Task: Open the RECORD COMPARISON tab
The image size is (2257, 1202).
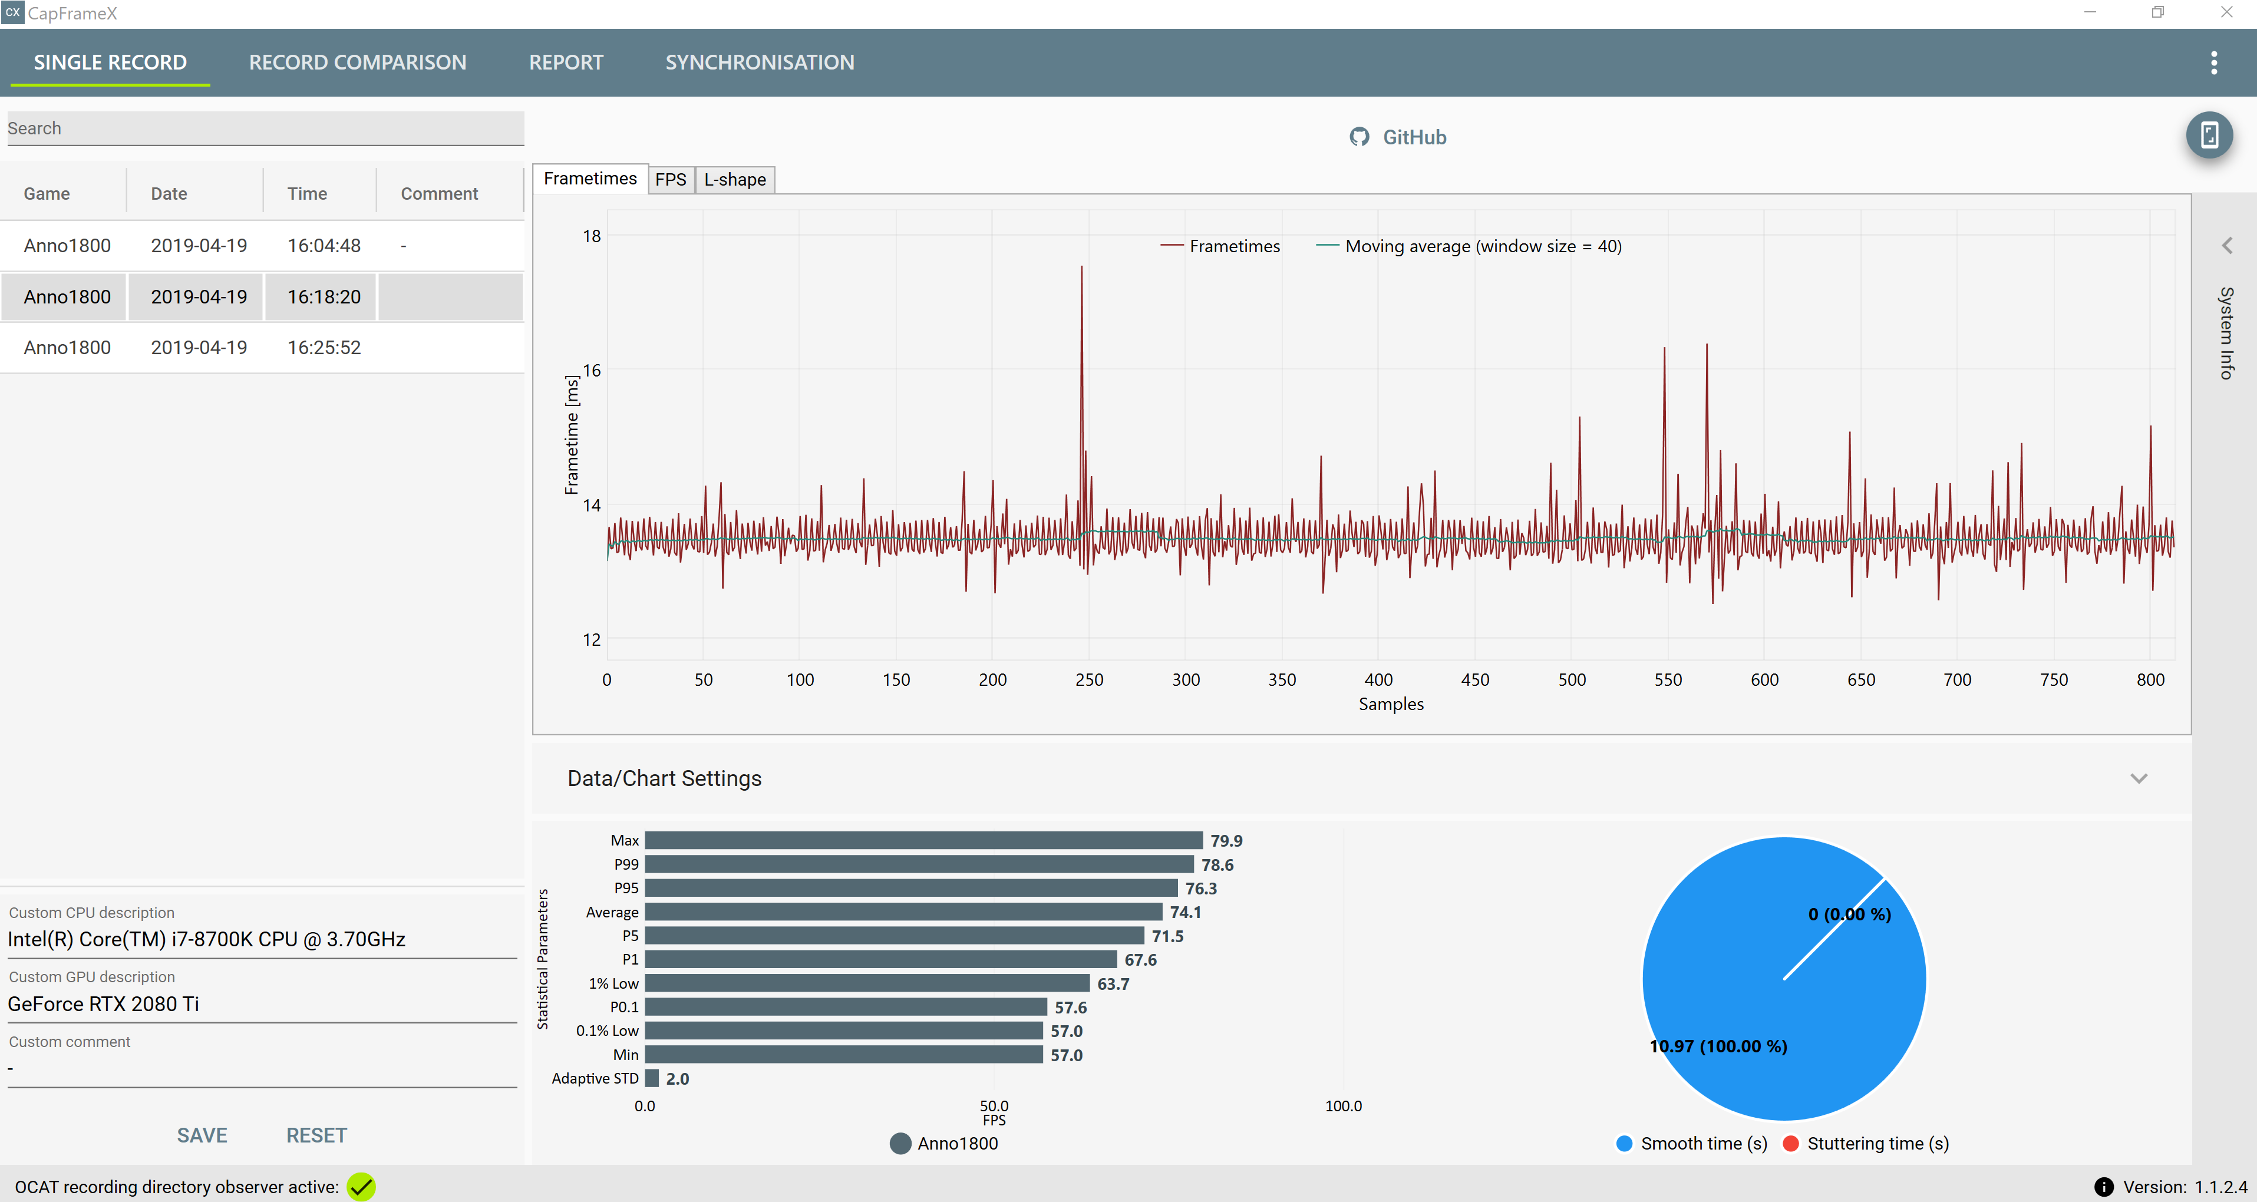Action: click(358, 62)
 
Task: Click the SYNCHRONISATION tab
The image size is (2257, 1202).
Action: click(760, 62)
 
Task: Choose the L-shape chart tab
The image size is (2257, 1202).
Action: click(735, 180)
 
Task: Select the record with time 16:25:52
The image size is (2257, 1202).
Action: click(263, 348)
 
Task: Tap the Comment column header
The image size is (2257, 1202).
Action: click(439, 194)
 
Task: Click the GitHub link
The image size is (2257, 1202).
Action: click(1398, 137)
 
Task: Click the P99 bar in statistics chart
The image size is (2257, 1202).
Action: click(919, 865)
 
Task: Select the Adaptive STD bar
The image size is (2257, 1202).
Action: click(652, 1078)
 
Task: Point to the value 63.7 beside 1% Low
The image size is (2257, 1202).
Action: click(1113, 984)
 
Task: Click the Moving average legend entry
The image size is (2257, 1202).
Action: click(1469, 246)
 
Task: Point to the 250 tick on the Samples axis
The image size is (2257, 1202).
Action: click(1089, 680)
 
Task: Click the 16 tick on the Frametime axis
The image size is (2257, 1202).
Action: click(592, 371)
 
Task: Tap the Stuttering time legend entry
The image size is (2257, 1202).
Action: click(1866, 1143)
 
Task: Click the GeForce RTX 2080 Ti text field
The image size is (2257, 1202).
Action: click(262, 1004)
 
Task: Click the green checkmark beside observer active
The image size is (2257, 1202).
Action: click(361, 1187)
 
